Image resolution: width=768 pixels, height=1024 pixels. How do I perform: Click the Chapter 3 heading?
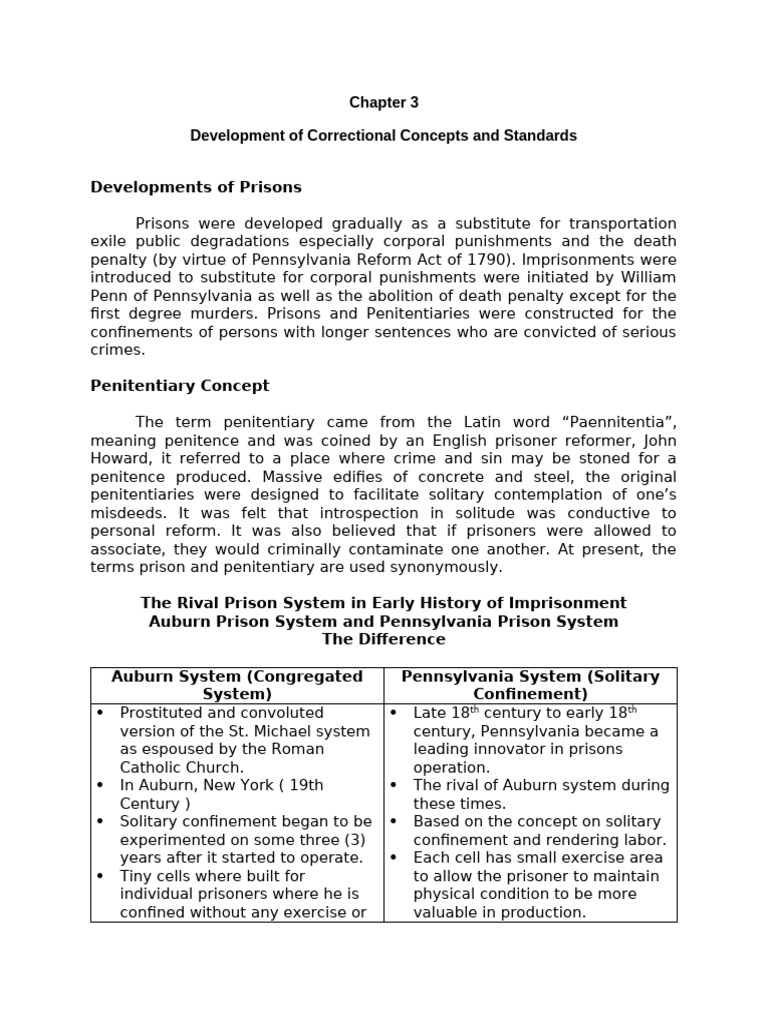pyautogui.click(x=384, y=103)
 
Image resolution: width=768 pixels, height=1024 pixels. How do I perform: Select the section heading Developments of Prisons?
pyautogui.click(x=196, y=187)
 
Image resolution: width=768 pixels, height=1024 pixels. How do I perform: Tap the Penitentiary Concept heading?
pyautogui.click(x=180, y=386)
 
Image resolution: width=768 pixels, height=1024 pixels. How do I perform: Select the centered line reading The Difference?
pyautogui.click(x=384, y=639)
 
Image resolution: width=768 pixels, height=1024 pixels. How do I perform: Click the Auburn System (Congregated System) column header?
pyautogui.click(x=237, y=685)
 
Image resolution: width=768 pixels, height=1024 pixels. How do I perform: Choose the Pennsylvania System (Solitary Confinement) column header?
pyautogui.click(x=530, y=685)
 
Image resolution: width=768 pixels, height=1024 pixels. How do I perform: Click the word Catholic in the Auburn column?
pyautogui.click(x=154, y=767)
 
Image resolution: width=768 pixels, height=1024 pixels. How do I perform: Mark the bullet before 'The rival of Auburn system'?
pyautogui.click(x=394, y=786)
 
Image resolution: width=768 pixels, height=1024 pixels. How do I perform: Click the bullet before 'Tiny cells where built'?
pyautogui.click(x=100, y=876)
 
